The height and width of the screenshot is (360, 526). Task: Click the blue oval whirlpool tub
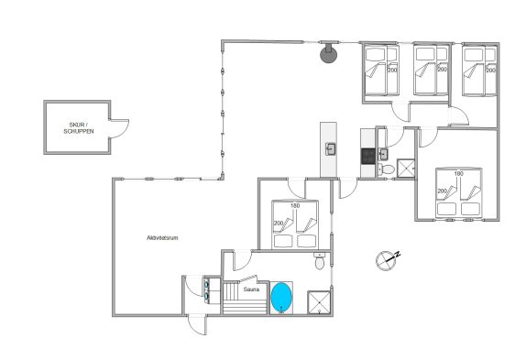(281, 298)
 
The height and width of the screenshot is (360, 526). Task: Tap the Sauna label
(251, 289)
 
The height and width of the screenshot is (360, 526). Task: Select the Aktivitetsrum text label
(162, 237)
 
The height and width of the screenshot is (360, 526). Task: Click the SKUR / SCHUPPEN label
(79, 128)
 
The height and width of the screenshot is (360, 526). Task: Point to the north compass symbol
(387, 260)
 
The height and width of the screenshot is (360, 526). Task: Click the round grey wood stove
(328, 54)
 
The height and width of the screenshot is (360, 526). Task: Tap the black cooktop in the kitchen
(368, 157)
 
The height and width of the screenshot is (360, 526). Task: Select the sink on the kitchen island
(330, 148)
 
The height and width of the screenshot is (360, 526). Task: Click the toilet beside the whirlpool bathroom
(319, 261)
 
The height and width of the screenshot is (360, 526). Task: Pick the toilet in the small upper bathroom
(387, 169)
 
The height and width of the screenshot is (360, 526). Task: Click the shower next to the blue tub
(319, 302)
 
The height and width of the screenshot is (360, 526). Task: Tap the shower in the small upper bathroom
(406, 168)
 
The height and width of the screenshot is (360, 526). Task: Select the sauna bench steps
(245, 298)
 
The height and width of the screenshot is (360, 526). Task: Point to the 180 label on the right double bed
(458, 174)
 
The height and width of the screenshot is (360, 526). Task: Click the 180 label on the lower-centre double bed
(295, 206)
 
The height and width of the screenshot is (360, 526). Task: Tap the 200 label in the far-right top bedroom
(490, 71)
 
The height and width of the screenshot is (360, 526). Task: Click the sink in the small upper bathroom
(383, 154)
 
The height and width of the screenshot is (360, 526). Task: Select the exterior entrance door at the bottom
(197, 324)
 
